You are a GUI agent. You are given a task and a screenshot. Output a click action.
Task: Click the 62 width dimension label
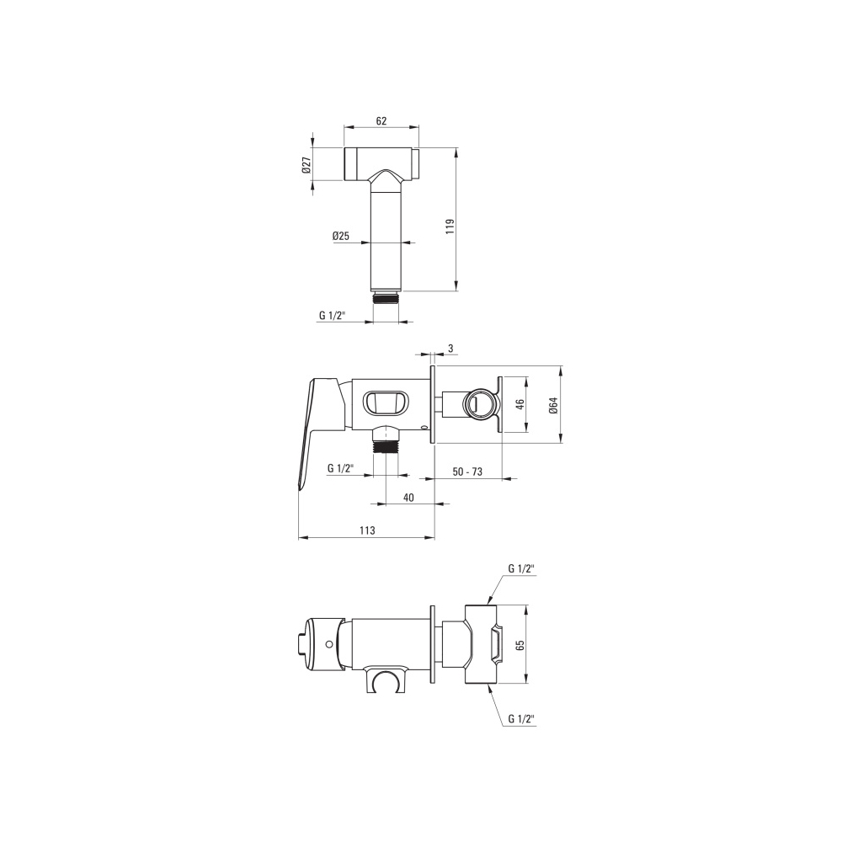[381, 120]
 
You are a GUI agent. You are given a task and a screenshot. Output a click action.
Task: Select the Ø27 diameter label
[306, 164]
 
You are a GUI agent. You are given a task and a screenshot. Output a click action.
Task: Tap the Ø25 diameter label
[340, 235]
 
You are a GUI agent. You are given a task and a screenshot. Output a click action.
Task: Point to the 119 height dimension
[450, 226]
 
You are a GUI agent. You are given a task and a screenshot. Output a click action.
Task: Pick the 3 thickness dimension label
[450, 349]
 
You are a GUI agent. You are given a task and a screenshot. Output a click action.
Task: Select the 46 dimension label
[520, 404]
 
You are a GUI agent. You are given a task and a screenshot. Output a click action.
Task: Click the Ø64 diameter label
[554, 404]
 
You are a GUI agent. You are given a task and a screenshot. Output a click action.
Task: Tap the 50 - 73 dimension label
[467, 472]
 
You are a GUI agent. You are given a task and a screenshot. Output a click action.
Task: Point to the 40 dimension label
[408, 498]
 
